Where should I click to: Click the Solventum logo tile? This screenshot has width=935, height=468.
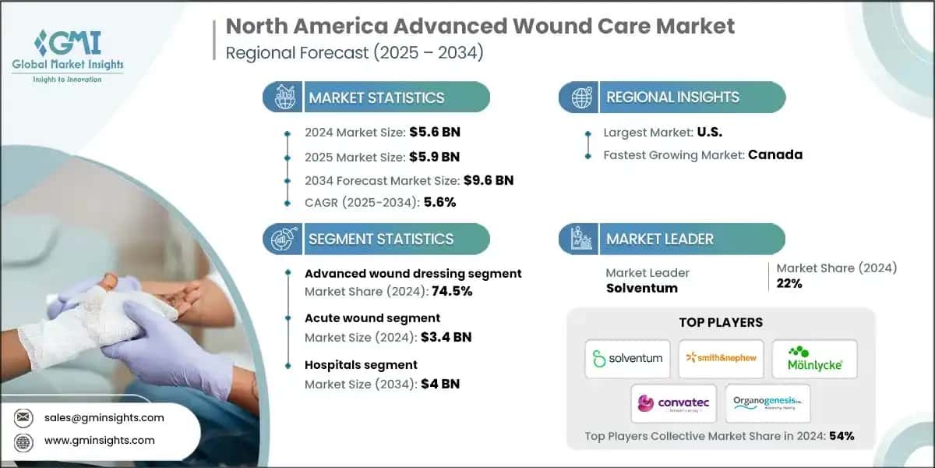[x=627, y=358]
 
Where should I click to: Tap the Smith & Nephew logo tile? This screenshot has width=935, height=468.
[x=721, y=358]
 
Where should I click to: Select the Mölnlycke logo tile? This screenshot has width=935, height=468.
[x=814, y=358]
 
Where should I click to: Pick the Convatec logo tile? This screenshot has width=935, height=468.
[x=674, y=403]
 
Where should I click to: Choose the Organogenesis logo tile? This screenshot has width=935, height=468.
[x=767, y=403]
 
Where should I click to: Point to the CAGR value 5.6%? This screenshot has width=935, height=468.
[x=439, y=202]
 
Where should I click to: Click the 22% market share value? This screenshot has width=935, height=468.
[x=789, y=283]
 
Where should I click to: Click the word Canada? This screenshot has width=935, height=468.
[x=774, y=154]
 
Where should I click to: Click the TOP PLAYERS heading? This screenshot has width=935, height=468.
[x=721, y=322]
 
